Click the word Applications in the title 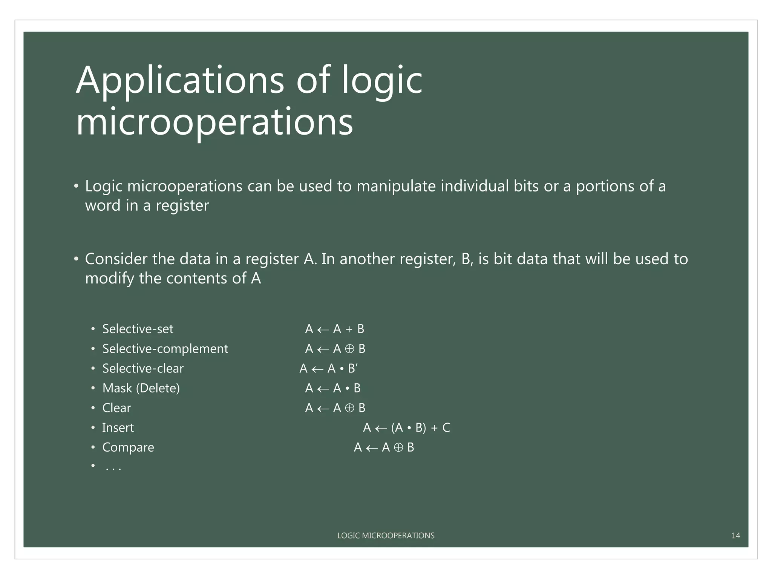tap(179, 81)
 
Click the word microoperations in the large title tap(214, 122)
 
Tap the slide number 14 tap(735, 536)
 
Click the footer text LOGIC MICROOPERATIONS tap(386, 536)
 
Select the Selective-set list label tap(138, 329)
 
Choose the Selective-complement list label tap(165, 349)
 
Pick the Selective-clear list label tap(143, 368)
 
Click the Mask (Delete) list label tap(141, 388)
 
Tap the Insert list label tap(118, 428)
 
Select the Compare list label tap(128, 447)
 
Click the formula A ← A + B tap(334, 329)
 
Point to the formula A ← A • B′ tap(328, 368)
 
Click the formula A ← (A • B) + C tap(406, 428)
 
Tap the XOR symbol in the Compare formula tap(398, 447)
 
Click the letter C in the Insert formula tap(446, 428)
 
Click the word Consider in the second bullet tap(116, 259)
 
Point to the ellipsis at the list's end tap(113, 469)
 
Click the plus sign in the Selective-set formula tap(349, 329)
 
